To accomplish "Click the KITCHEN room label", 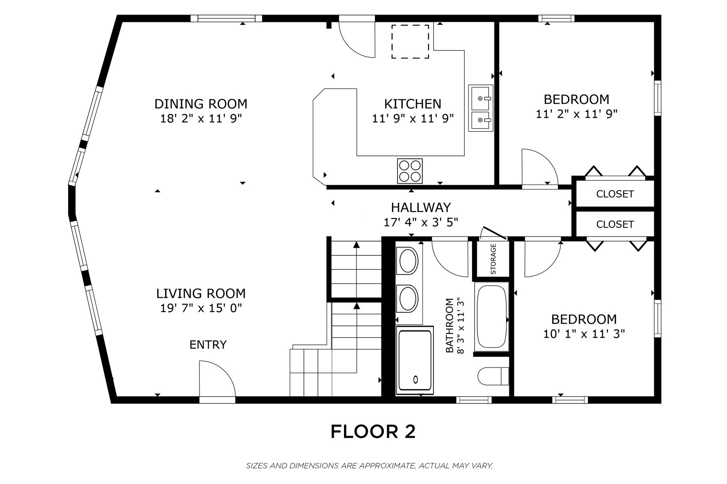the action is pos(413,104).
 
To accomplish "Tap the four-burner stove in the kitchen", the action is pos(410,171).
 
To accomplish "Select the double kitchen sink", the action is pos(480,108).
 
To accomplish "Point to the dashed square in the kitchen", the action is pos(410,42).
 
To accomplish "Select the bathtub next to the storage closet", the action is pos(491,317).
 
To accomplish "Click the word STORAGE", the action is pos(494,259).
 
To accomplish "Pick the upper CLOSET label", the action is pos(615,194).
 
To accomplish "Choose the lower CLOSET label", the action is pos(615,224).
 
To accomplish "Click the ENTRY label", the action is pos(208,344).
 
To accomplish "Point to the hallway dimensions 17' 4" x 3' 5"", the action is pos(421,223).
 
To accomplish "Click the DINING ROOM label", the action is pos(201,104).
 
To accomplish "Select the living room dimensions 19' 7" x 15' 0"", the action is pos(201,308).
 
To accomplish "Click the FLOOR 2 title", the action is pos(373,431).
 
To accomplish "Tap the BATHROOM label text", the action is pos(449,326).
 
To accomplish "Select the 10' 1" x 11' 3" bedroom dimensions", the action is pos(584,334).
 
